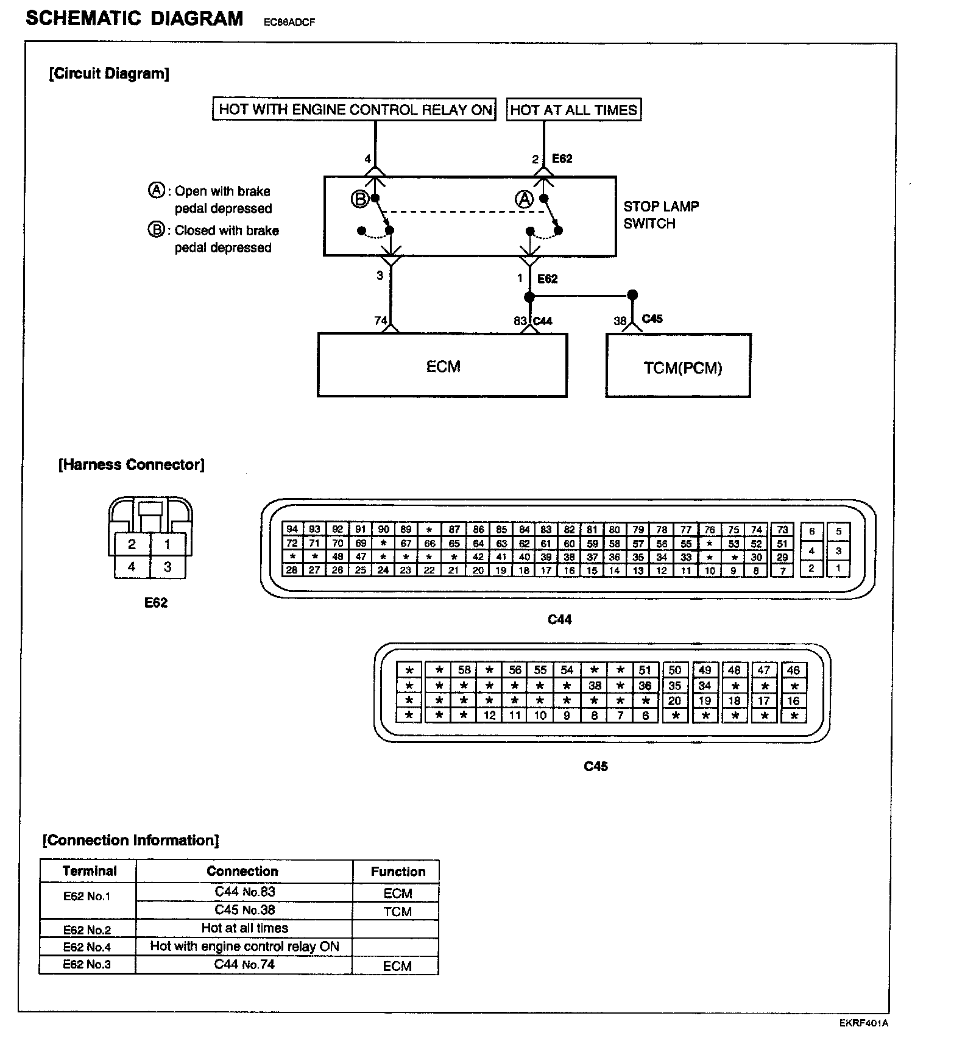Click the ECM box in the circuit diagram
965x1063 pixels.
442,366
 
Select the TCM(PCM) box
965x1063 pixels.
678,367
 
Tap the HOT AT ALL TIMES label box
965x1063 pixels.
573,110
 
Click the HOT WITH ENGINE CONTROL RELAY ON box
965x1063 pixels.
355,110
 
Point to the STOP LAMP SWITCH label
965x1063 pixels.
660,215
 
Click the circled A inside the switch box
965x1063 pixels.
525,199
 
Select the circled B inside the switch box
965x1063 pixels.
359,199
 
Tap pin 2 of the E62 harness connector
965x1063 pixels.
132,544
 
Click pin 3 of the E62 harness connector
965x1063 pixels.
168,567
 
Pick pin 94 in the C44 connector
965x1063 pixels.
292,529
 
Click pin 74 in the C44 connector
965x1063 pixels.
756,530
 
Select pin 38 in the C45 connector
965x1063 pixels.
595,685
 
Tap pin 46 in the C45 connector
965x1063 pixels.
793,670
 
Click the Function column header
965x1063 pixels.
397,872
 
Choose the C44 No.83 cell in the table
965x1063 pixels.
244,892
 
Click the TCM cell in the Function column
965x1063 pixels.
397,912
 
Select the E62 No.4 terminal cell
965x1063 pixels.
87,947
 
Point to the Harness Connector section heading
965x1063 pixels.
131,464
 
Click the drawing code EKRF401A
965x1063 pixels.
863,1023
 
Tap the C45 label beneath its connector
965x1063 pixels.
595,766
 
